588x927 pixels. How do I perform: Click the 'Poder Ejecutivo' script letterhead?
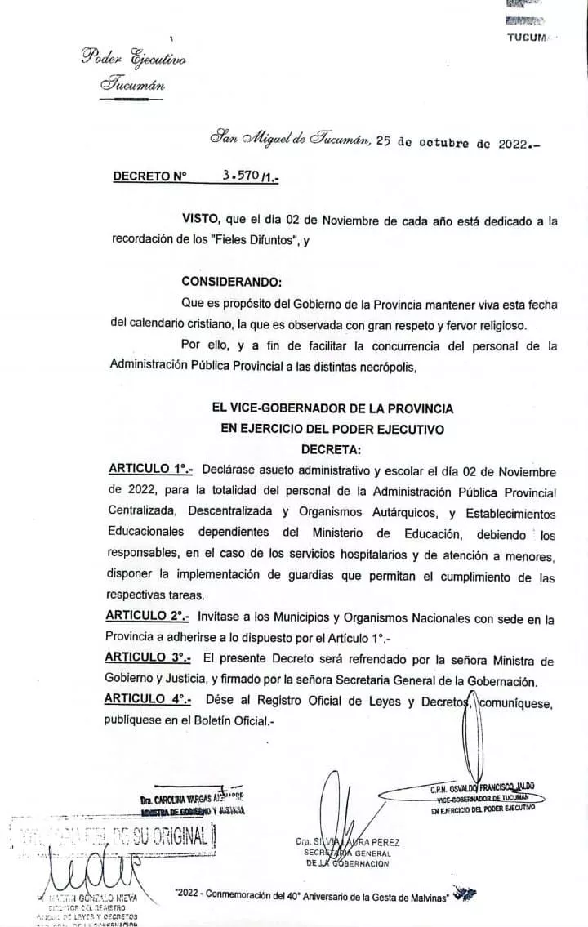(x=133, y=59)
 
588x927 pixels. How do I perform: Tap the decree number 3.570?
(x=240, y=176)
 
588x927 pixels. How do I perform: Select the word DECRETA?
(x=331, y=448)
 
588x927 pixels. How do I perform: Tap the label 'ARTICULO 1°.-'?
(x=150, y=471)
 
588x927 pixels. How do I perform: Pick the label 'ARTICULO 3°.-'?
(x=149, y=659)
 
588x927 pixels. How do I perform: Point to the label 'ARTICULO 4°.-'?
(x=149, y=700)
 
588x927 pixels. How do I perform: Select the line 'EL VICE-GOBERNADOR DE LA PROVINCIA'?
(x=331, y=408)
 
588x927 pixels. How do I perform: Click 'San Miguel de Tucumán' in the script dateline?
(x=290, y=140)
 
